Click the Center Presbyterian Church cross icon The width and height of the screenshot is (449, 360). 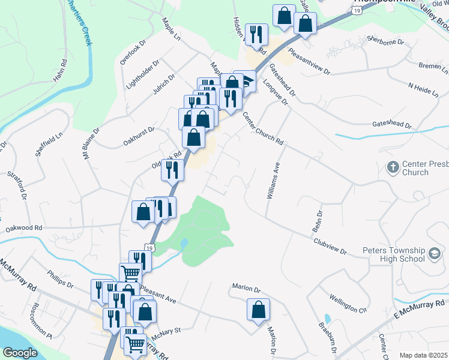[x=393, y=166]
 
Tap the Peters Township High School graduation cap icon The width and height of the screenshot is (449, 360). [x=433, y=254]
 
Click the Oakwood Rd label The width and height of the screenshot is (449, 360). [x=24, y=228]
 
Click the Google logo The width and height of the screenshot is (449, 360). [x=19, y=352]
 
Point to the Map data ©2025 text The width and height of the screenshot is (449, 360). [x=423, y=355]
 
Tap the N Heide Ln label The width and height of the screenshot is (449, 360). [x=424, y=88]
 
